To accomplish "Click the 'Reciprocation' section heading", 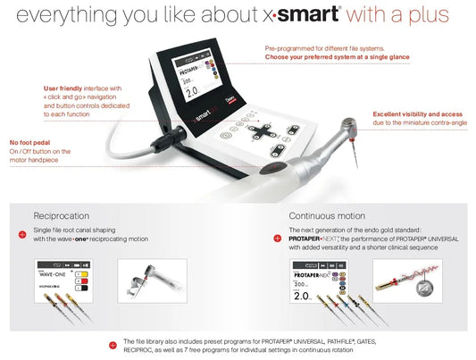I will pos(62,215).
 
